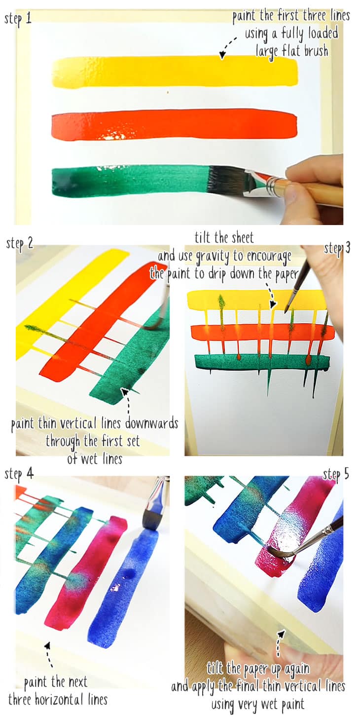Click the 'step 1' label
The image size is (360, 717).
18,19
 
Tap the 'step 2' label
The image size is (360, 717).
19,243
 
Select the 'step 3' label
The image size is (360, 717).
337,248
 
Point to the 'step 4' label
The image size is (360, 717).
19,474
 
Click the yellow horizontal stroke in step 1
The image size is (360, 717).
173,72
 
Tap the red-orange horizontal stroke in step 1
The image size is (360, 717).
173,124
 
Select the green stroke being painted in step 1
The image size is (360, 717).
128,180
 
